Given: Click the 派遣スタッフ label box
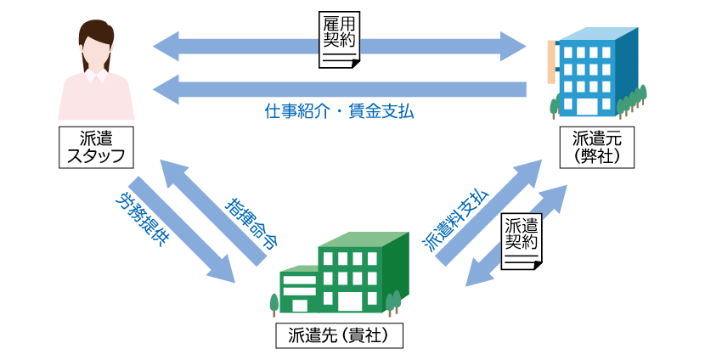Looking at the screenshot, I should (x=96, y=146).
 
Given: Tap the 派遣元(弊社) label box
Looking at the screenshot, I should (x=595, y=146).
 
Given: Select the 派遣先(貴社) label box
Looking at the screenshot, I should (x=339, y=335).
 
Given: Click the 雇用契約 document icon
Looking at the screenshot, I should (x=339, y=40).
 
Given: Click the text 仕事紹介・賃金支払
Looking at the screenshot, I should (x=339, y=112).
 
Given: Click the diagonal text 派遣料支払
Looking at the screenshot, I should (x=455, y=219).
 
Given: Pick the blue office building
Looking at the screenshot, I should (x=595, y=72).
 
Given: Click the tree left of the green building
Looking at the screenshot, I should (x=274, y=303).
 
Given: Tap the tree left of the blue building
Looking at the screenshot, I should (x=555, y=104).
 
